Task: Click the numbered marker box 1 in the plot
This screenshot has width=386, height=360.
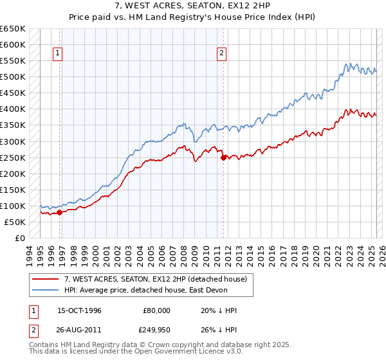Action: (x=58, y=54)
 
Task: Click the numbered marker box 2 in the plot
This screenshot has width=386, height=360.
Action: (x=221, y=54)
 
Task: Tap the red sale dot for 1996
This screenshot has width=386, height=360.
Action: (x=59, y=212)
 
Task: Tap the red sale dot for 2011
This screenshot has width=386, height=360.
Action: (x=224, y=157)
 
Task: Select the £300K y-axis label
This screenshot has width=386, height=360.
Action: (x=13, y=141)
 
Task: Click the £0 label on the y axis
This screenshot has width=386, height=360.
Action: (x=20, y=238)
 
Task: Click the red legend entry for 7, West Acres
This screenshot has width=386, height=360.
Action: (x=160, y=278)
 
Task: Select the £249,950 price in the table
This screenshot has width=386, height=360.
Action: (x=154, y=328)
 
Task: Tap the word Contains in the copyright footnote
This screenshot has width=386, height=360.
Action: (x=44, y=345)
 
